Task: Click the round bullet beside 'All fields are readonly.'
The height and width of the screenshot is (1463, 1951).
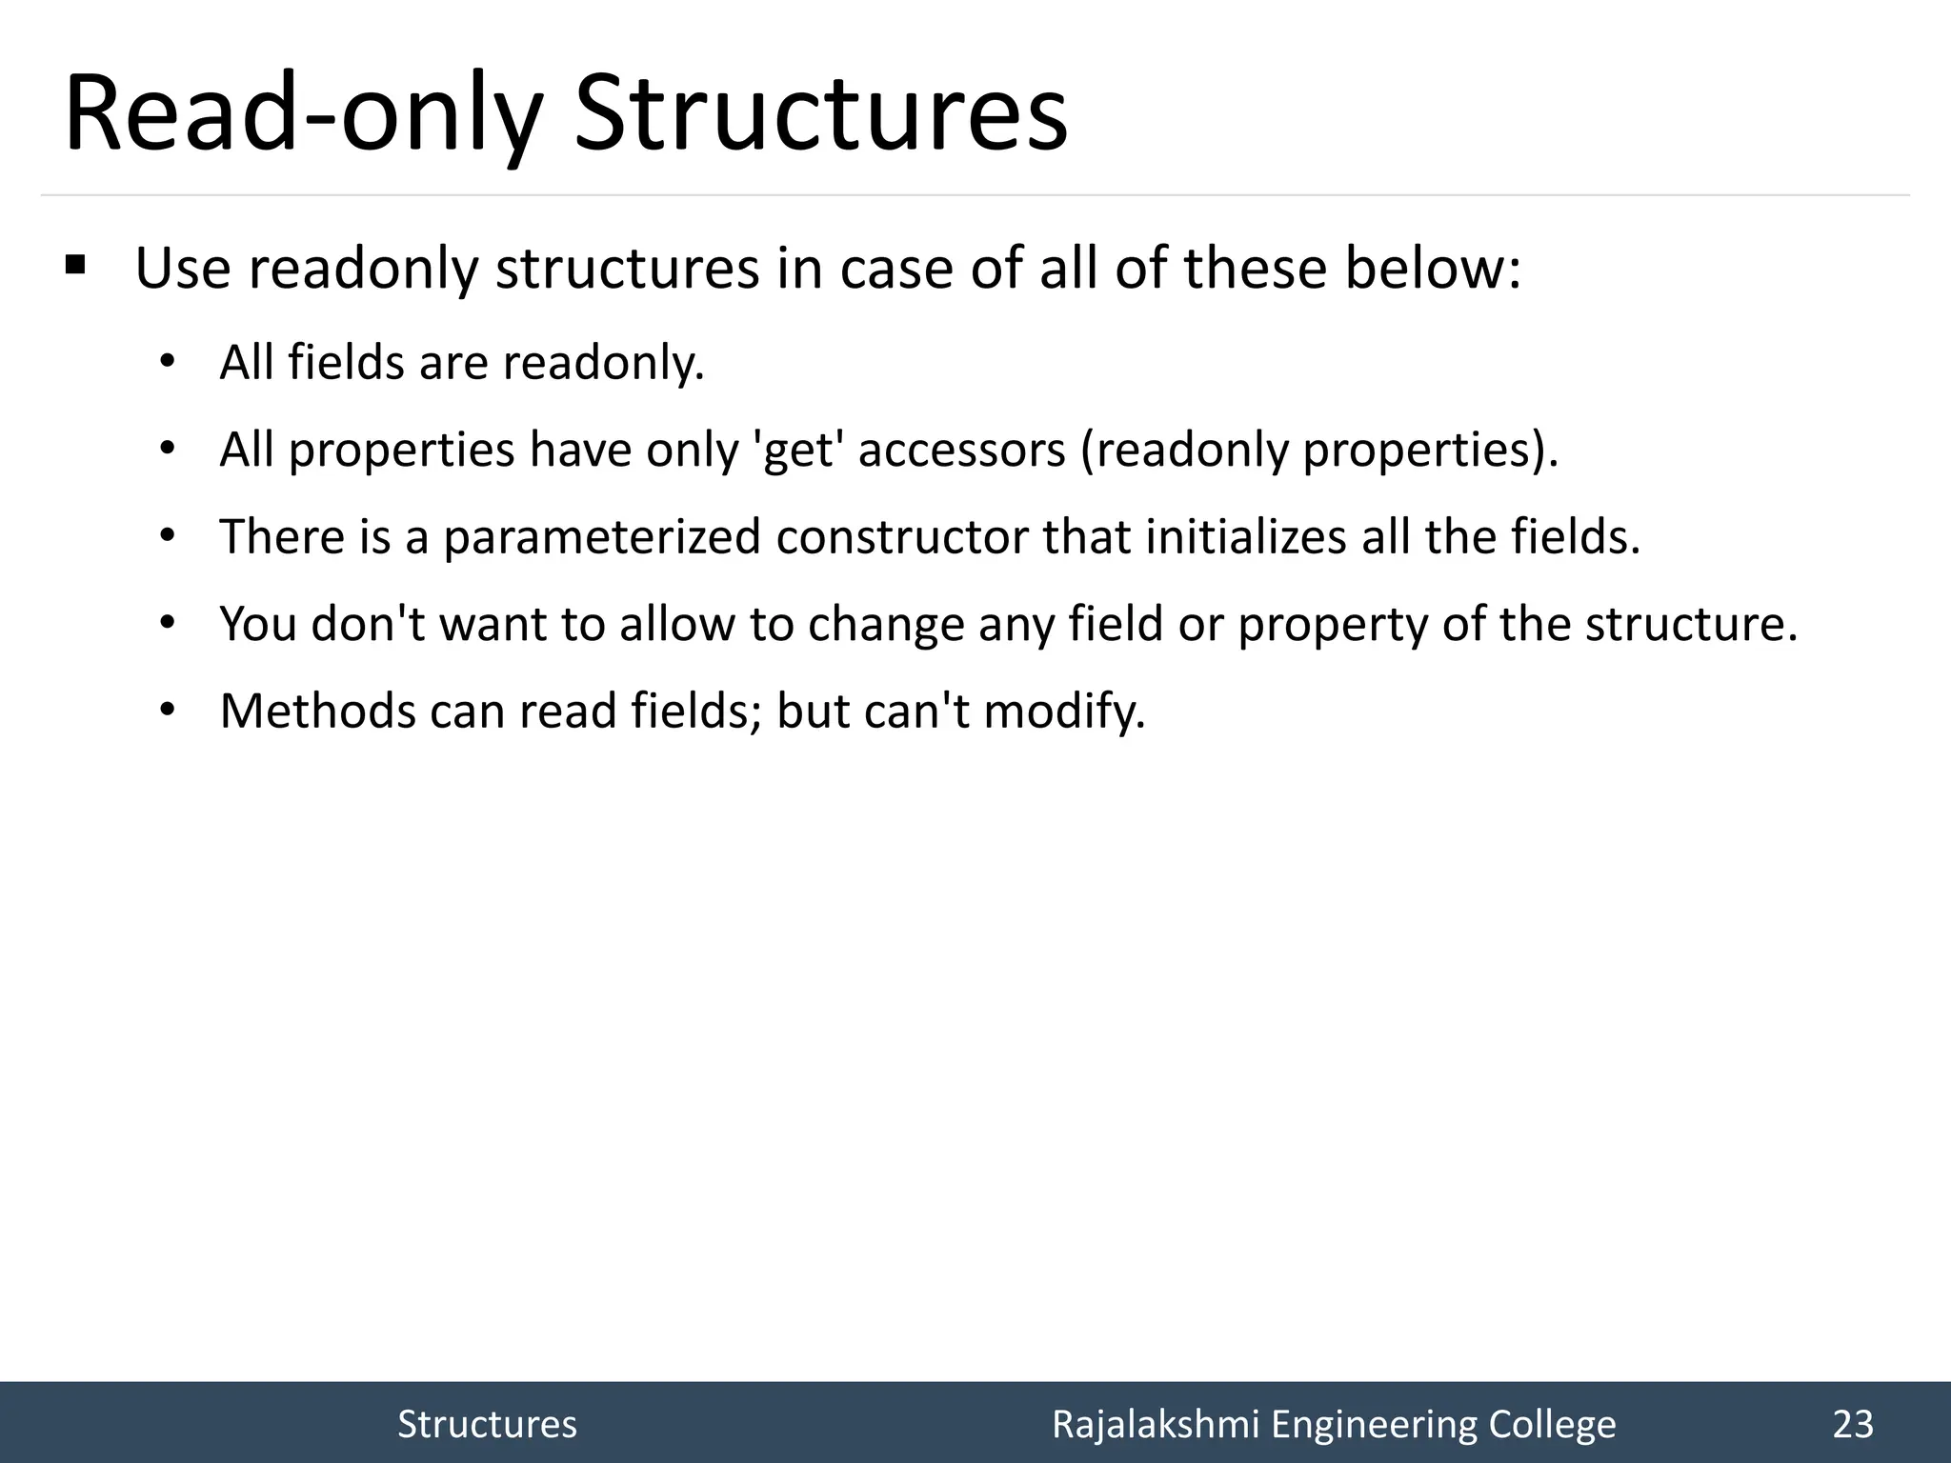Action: click(168, 362)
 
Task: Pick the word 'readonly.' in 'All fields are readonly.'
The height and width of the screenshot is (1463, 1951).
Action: click(604, 363)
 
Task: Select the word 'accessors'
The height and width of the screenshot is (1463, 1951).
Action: click(961, 450)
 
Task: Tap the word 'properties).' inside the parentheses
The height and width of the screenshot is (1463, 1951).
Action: click(1430, 450)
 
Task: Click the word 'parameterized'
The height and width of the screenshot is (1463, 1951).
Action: click(602, 537)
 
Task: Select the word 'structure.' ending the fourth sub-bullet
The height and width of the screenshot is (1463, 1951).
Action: click(1691, 625)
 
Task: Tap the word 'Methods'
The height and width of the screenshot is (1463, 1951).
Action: click(317, 711)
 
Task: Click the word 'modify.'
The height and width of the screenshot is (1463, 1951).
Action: click(1064, 711)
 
